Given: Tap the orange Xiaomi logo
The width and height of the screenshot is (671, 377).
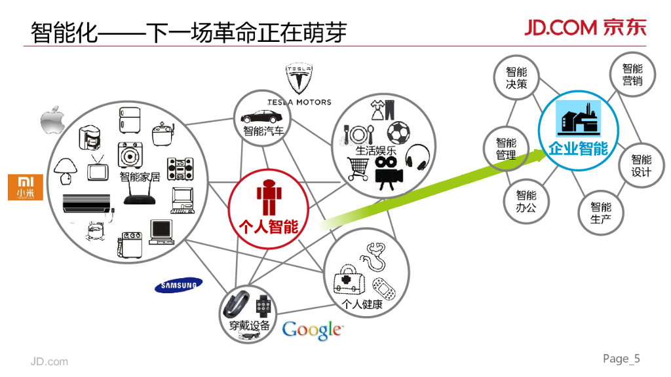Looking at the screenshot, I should point(25,187).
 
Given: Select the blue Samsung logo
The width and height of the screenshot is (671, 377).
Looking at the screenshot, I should point(179,285).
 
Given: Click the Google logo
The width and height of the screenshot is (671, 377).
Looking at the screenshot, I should point(312,330).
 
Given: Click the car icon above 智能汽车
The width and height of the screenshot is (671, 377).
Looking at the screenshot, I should point(262,117).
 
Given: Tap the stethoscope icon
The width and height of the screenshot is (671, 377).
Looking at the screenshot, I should point(373,256).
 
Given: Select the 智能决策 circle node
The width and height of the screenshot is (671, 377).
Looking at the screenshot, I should point(516,77).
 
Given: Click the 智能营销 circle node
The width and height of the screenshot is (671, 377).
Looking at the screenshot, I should point(632,75).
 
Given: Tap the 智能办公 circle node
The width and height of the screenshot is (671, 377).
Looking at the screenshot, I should point(526,201).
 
